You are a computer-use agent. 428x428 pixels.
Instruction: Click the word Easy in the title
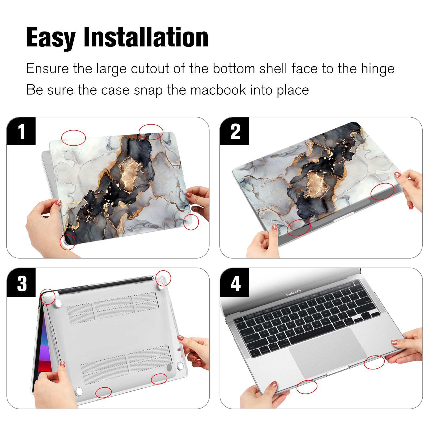click(51, 38)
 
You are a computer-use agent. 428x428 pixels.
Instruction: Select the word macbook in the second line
click(218, 90)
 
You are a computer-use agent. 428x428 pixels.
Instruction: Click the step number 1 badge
click(21, 131)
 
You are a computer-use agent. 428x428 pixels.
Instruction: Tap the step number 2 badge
click(234, 131)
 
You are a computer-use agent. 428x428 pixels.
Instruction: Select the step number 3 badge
click(21, 283)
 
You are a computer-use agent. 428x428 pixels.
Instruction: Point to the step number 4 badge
click(234, 283)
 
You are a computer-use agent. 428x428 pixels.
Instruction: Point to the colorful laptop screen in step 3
click(43, 348)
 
